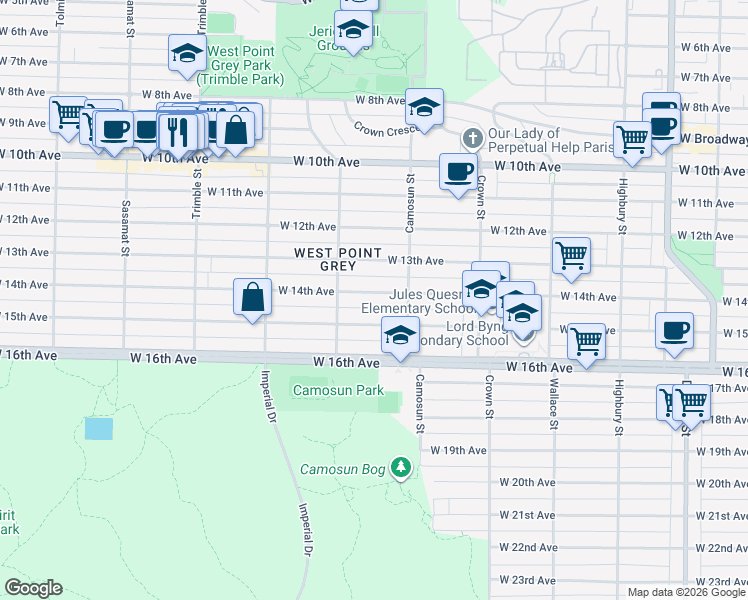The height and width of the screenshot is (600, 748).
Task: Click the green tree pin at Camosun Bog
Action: tap(401, 467)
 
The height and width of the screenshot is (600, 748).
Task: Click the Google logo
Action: tap(33, 588)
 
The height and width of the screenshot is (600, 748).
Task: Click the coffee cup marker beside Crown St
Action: tap(458, 171)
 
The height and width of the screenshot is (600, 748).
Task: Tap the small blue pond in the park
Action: tap(99, 429)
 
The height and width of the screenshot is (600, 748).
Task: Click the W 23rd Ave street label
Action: tap(527, 580)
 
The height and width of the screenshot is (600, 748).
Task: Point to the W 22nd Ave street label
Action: tap(527, 548)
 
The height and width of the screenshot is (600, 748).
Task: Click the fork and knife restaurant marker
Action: tap(178, 129)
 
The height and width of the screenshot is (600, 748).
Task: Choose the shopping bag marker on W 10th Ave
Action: tap(235, 129)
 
